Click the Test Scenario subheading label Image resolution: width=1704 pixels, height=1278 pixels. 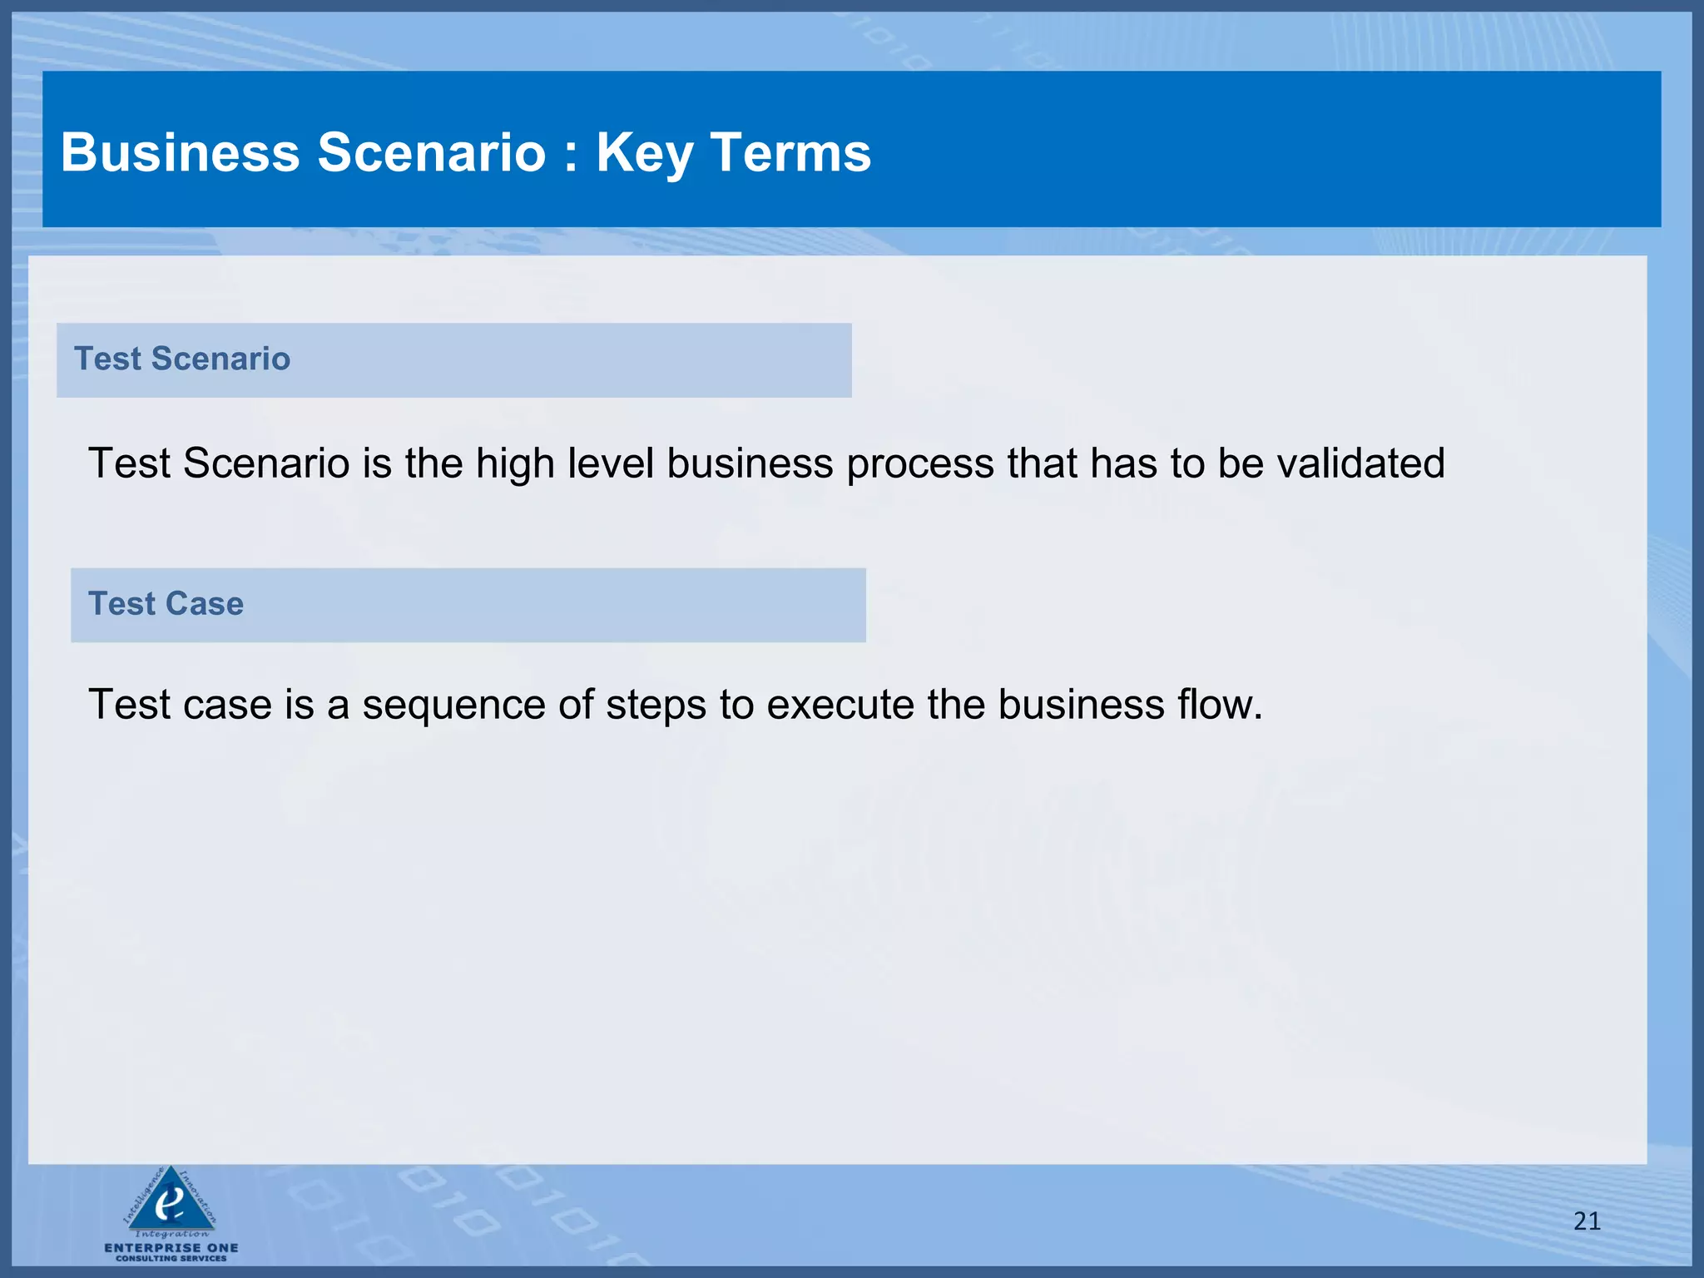(x=182, y=359)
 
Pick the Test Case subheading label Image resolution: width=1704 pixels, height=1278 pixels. (x=166, y=603)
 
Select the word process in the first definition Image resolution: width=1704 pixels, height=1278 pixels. (x=920, y=464)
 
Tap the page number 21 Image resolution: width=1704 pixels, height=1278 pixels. (x=1587, y=1221)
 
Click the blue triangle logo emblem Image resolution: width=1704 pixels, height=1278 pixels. (x=171, y=1199)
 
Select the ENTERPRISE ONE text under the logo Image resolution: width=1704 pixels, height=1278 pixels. (x=171, y=1247)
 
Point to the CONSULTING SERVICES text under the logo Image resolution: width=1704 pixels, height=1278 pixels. (x=171, y=1259)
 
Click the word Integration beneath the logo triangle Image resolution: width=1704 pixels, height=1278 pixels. (x=172, y=1234)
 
